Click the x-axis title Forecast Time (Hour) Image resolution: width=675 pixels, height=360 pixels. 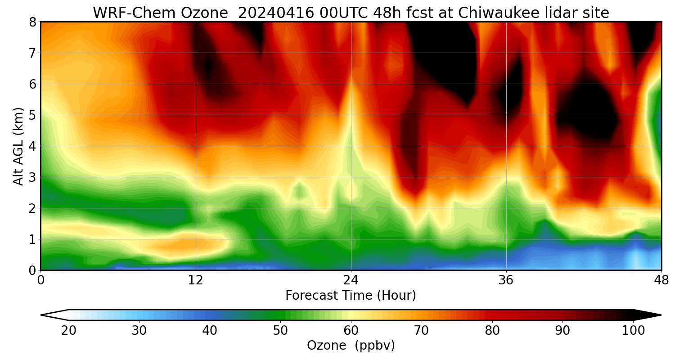tap(351, 296)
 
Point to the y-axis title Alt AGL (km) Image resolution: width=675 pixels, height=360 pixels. tap(18, 146)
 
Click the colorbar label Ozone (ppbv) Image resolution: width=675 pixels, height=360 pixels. tap(351, 345)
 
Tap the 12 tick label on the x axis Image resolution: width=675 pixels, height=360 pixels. tap(196, 281)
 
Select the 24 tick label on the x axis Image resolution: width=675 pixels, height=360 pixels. tap(351, 281)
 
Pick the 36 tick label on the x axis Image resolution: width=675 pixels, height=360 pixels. tap(506, 281)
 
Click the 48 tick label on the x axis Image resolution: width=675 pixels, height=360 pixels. tap(661, 281)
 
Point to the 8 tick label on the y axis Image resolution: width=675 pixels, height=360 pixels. tap(32, 22)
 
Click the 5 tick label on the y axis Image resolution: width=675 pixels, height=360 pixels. tap(32, 115)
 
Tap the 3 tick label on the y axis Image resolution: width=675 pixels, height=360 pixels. tap(32, 177)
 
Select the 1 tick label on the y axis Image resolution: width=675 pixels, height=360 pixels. tap(32, 239)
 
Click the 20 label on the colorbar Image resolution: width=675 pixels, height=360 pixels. tap(69, 331)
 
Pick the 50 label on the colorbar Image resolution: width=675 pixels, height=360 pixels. tap(280, 331)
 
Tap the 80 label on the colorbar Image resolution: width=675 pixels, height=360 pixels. tap(492, 331)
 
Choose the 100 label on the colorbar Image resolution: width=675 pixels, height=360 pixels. tap(633, 331)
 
